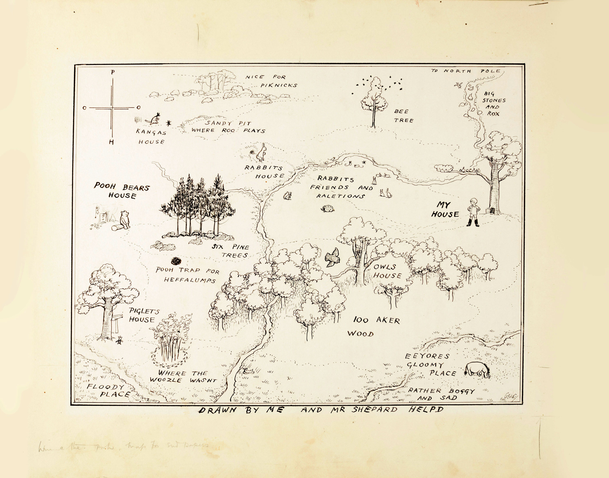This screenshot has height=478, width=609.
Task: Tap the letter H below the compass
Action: pyautogui.click(x=111, y=143)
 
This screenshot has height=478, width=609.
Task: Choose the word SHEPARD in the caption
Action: pyautogui.click(x=374, y=410)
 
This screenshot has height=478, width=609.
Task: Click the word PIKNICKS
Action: pyautogui.click(x=279, y=85)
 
